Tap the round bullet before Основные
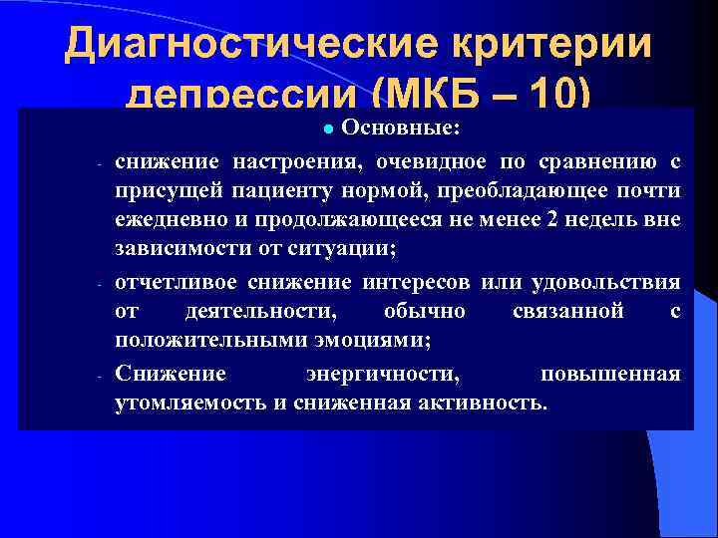tap(332, 130)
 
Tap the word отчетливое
tap(171, 282)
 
